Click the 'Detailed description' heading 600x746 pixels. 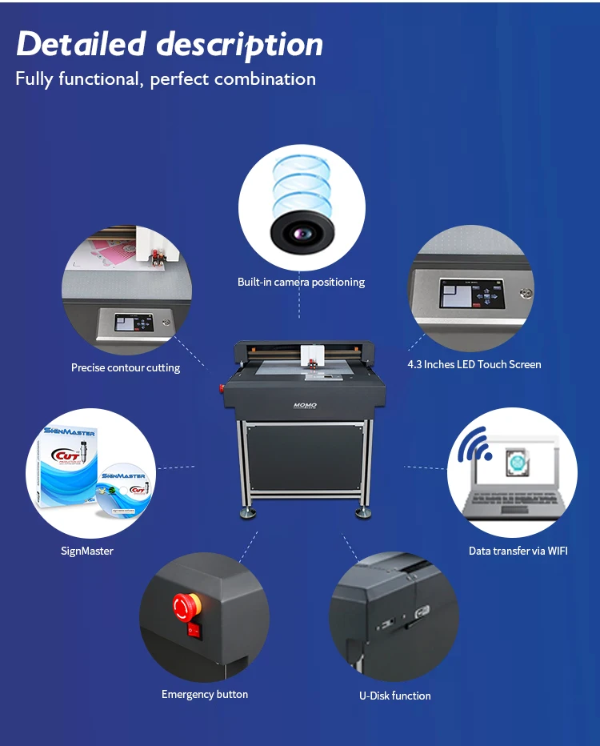(170, 45)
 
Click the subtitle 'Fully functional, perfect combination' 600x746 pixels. (166, 79)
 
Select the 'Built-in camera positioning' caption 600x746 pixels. (301, 282)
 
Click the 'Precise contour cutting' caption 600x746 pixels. (126, 368)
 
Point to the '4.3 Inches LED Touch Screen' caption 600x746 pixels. (474, 364)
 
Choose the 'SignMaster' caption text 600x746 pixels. (87, 551)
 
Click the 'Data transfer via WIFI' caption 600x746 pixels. (518, 551)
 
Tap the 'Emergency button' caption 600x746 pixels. (205, 694)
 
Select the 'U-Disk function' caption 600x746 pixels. (394, 696)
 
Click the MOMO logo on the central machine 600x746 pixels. (305, 406)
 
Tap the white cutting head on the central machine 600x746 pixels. (310, 355)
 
